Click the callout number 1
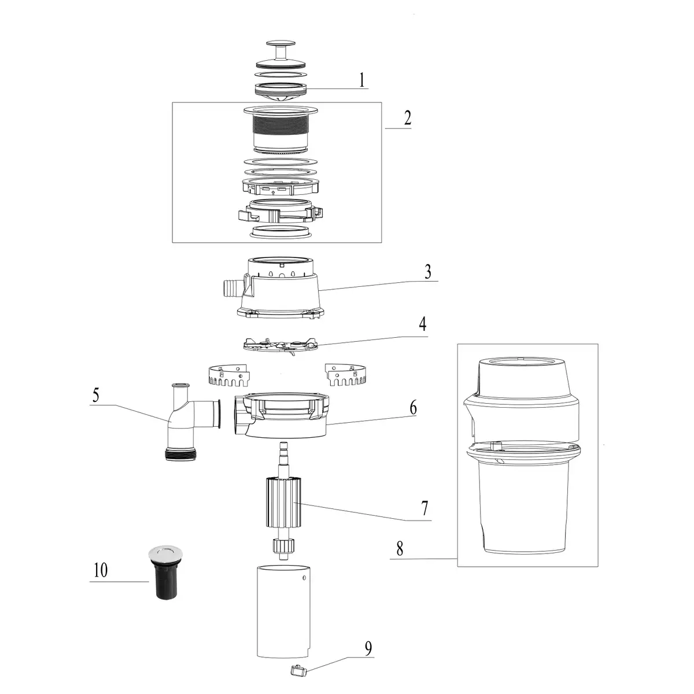[x=361, y=79]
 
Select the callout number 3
[x=428, y=272]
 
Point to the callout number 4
[x=423, y=324]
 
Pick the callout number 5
[x=96, y=396]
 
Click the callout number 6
[x=413, y=407]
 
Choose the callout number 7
[x=424, y=508]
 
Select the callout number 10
[x=100, y=570]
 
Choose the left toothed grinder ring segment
[x=228, y=376]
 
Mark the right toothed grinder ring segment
[x=348, y=376]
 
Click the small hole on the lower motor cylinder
[x=300, y=577]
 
